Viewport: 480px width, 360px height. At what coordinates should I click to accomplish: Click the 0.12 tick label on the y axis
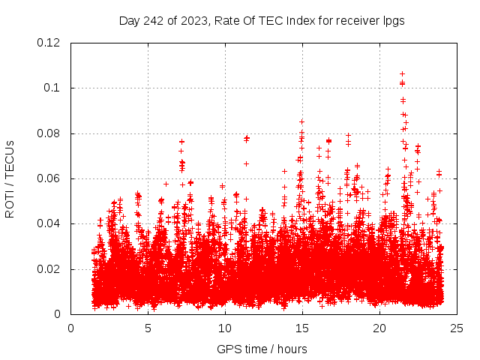pyautogui.click(x=48, y=43)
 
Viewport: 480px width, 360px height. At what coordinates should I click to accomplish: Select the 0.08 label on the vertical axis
pyautogui.click(x=48, y=133)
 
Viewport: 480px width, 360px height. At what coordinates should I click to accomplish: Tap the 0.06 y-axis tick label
pyautogui.click(x=48, y=178)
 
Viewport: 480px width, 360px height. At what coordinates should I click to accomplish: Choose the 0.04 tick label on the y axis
pyautogui.click(x=48, y=223)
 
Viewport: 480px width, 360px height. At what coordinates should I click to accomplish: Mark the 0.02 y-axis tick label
pyautogui.click(x=48, y=269)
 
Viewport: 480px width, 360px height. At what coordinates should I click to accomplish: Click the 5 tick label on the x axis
pyautogui.click(x=148, y=328)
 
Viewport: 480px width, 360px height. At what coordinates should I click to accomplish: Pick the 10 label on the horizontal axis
pyautogui.click(x=225, y=328)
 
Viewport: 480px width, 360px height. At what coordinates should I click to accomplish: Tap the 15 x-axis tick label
pyautogui.click(x=302, y=328)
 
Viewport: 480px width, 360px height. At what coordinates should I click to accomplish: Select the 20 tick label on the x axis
pyautogui.click(x=379, y=328)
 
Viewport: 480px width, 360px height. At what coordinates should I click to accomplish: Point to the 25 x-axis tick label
pyautogui.click(x=457, y=328)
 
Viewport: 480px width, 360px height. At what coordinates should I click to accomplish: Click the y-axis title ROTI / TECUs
pyautogui.click(x=10, y=178)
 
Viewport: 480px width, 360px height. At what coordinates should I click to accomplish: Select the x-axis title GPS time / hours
pyautogui.click(x=262, y=349)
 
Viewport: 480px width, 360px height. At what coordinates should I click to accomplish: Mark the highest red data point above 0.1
pyautogui.click(x=402, y=73)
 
